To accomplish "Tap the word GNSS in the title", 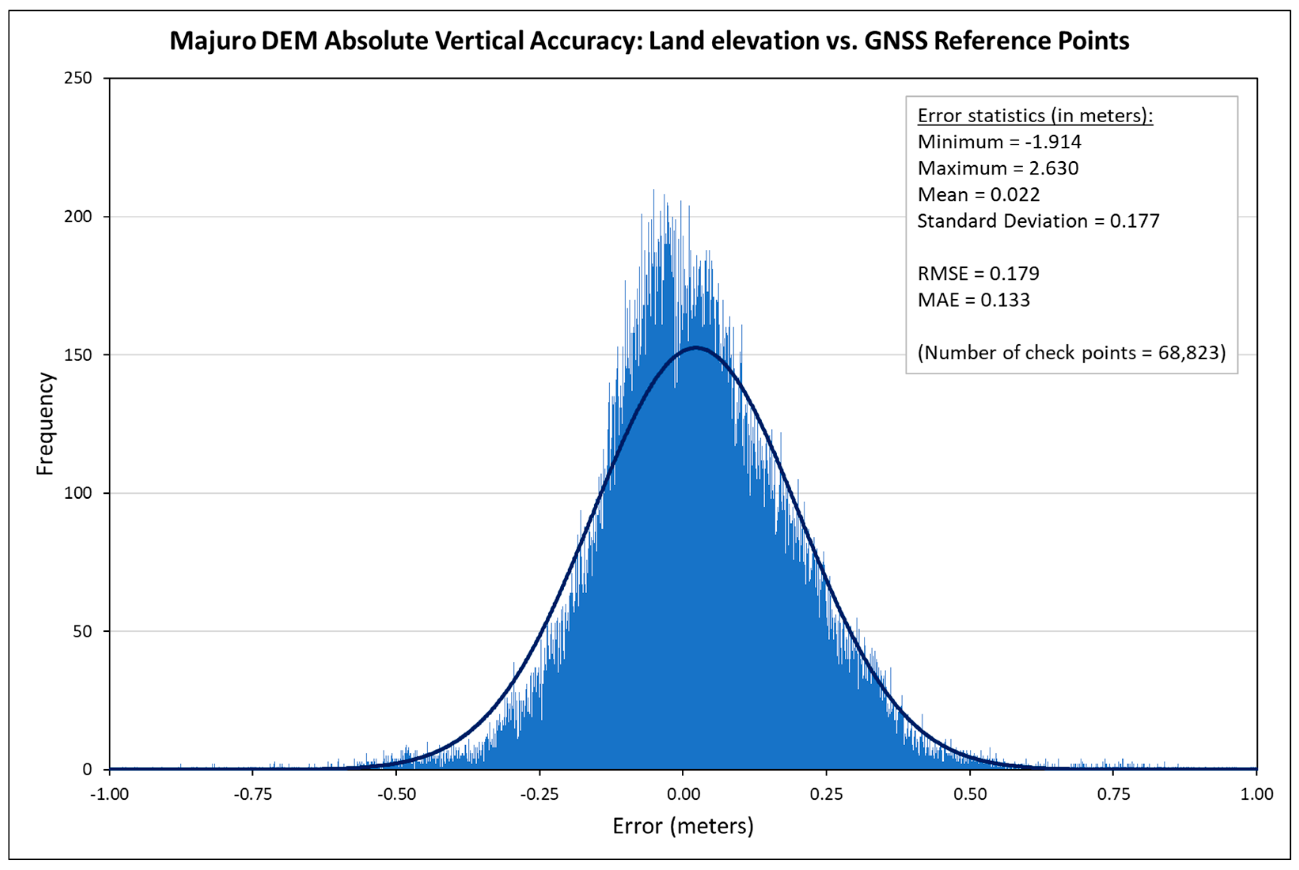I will point(895,41).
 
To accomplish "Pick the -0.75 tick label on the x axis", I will point(252,794).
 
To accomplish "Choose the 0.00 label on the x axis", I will point(683,794).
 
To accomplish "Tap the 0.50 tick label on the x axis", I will point(970,794).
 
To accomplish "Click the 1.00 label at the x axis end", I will point(1257,794).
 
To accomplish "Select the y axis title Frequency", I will point(45,424).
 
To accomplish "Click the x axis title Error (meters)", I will point(683,826).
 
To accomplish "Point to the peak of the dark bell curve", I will point(696,348).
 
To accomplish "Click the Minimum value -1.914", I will point(1053,142).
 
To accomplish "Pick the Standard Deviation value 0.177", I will point(1134,221).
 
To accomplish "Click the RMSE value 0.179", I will point(1015,274).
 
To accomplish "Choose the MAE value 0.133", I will point(1005,300).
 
